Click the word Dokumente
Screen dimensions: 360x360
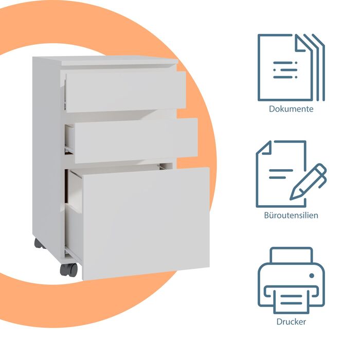coord(291,109)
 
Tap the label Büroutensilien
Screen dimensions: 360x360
coord(291,215)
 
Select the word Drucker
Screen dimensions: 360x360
coord(291,321)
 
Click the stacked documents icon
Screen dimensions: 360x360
coord(291,67)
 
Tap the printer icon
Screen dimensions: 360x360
coord(291,281)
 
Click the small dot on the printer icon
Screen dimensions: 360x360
coord(312,276)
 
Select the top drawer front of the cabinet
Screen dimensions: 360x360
coord(126,92)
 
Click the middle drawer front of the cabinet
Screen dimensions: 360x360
coord(136,140)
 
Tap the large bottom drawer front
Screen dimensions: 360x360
coord(146,224)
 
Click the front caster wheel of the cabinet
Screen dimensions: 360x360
coord(69,270)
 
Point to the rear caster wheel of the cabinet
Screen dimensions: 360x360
coord(39,244)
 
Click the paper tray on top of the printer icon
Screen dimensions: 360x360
coord(291,255)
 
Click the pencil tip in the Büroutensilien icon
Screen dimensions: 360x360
coord(294,196)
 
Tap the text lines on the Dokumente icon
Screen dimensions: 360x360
coord(285,70)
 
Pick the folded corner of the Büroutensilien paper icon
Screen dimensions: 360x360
coord(264,148)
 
